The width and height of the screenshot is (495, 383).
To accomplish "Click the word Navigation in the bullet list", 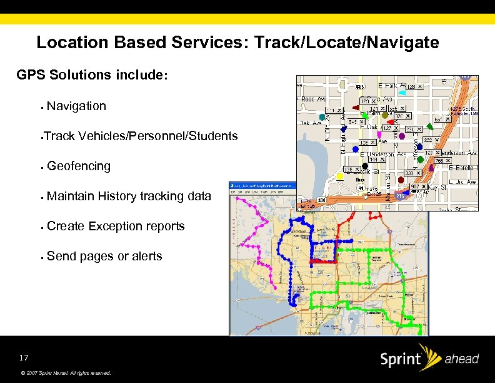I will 76,106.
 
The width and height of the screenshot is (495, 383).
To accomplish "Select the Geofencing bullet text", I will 79,166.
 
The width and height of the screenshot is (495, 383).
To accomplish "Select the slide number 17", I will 24,358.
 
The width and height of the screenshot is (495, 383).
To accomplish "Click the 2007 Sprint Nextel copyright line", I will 66,373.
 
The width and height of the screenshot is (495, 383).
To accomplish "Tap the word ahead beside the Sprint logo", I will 462,359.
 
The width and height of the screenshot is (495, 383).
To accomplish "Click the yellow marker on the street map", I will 340,176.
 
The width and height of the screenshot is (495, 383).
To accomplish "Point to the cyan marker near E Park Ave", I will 402,92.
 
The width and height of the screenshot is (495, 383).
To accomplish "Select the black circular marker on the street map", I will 365,166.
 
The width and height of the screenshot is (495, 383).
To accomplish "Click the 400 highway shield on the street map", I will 322,200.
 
